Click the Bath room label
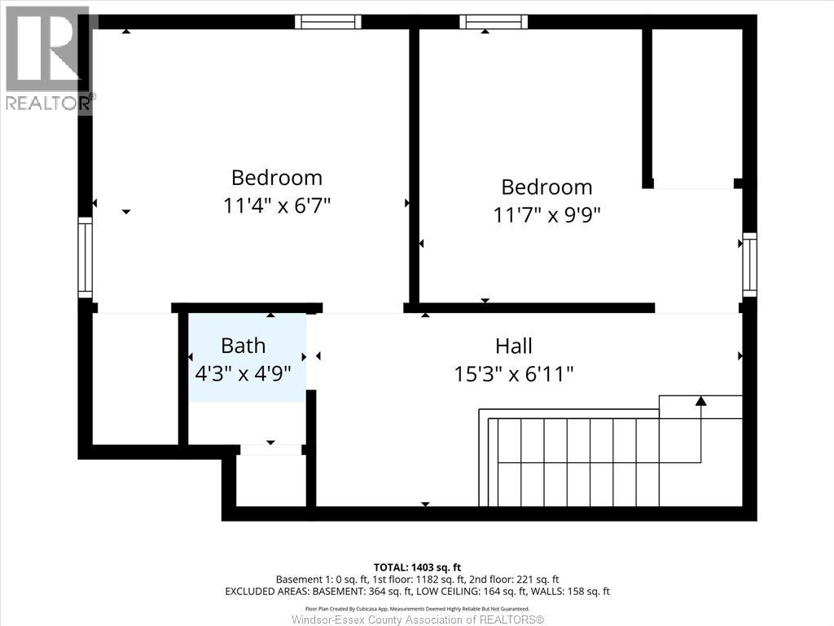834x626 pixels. click(243, 346)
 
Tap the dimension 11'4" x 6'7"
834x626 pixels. click(277, 205)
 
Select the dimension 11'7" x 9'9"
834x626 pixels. click(546, 215)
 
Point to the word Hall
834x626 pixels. click(514, 346)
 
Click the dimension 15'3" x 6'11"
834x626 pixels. click(514, 374)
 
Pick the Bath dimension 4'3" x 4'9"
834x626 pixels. click(244, 373)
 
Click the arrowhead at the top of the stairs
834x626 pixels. click(700, 400)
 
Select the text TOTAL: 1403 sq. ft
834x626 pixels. click(417, 566)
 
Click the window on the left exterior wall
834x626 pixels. click(85, 257)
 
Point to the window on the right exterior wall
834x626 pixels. click(749, 264)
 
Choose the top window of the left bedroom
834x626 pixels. click(328, 22)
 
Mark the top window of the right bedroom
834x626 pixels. click(493, 22)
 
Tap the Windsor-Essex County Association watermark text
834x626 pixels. click(417, 619)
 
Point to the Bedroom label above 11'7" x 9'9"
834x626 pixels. click(546, 187)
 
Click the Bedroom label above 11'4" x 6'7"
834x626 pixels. click(277, 177)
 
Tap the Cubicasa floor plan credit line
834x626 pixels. click(417, 608)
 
